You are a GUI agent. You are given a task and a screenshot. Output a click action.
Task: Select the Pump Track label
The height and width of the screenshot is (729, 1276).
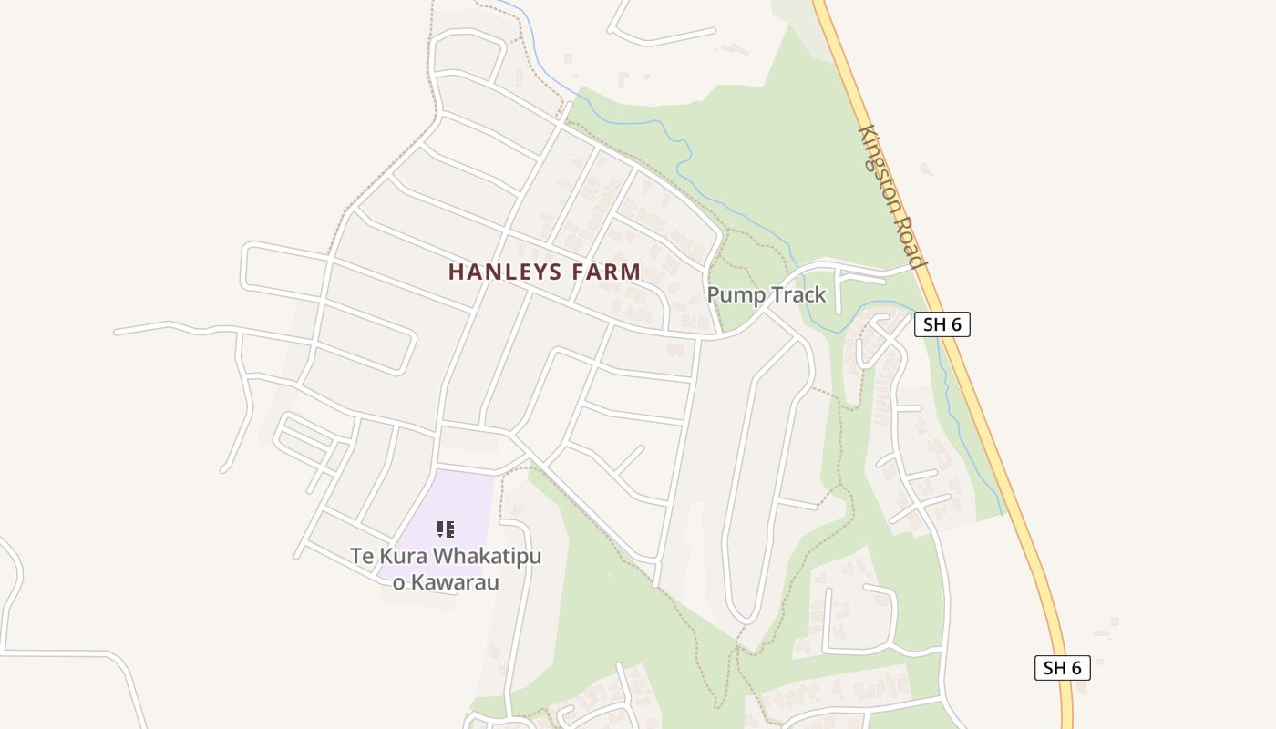coord(767,294)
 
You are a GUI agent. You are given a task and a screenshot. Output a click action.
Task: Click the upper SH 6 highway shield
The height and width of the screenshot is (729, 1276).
coord(942,324)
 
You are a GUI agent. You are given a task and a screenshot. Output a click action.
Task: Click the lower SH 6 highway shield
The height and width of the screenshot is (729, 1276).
coord(1062,668)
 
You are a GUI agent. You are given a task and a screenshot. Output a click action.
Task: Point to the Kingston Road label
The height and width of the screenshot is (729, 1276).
coord(892,196)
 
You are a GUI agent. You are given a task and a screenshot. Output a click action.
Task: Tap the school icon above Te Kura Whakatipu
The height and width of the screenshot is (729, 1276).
coord(446,529)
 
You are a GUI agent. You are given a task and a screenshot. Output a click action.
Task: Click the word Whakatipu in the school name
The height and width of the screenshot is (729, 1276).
coord(488,556)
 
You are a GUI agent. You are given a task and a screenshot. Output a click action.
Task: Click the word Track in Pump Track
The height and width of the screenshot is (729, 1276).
coord(796,294)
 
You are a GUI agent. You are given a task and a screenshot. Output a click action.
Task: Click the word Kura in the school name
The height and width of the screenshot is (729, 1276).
coord(405,556)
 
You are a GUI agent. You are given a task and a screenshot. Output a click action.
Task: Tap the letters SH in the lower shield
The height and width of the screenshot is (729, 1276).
coord(1054,668)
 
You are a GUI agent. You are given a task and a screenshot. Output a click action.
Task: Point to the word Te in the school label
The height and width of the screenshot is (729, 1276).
coord(361,556)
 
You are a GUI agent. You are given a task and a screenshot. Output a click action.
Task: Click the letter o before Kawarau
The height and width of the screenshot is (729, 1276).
coord(398,581)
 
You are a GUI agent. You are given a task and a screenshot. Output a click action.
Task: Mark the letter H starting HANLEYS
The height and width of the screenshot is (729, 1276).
coord(456,272)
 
